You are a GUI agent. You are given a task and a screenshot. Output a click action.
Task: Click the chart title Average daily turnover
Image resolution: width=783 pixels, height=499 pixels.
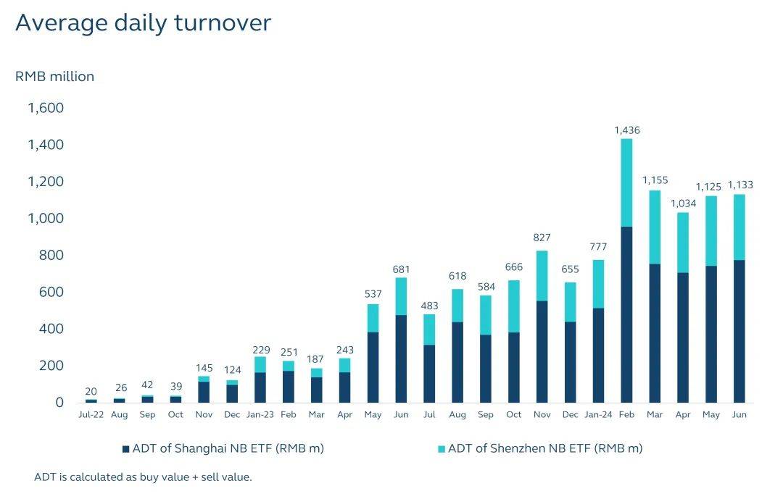point(143,23)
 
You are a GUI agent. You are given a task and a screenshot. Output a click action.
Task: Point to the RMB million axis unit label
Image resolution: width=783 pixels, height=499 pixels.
point(54,76)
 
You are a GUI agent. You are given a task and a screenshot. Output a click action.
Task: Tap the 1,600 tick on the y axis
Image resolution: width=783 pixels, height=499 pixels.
point(46,108)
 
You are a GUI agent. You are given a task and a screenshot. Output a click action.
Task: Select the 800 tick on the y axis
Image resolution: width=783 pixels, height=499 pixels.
point(50,255)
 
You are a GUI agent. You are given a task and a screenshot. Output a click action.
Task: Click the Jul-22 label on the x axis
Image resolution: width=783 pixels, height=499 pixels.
point(91,415)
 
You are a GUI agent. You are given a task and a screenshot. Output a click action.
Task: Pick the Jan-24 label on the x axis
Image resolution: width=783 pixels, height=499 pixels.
point(598,415)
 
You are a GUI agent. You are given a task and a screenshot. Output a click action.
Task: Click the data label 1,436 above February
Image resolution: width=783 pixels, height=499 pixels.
point(626,130)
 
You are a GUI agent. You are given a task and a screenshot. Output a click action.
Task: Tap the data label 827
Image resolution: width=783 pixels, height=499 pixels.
point(542,238)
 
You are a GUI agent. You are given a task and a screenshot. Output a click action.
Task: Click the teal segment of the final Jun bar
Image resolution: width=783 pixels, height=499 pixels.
point(739,227)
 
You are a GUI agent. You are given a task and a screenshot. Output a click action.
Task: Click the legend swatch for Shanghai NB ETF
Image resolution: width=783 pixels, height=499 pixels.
point(125,449)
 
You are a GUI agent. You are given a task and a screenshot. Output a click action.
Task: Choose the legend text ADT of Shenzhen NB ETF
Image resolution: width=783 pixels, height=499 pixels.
point(545,448)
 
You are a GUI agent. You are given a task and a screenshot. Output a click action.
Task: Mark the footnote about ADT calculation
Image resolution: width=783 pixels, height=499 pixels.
point(143,477)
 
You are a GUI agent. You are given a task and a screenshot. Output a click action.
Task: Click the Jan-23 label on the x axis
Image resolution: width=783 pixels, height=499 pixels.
point(260,415)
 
